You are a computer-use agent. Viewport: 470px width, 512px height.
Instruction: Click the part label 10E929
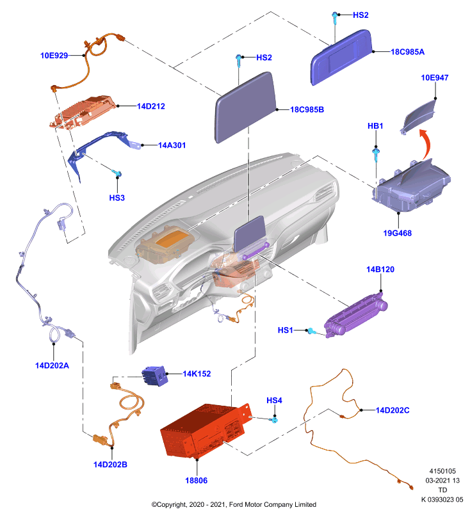tap(54, 56)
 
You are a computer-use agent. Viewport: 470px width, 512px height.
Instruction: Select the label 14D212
tap(151, 106)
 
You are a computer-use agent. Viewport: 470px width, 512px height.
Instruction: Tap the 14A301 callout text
tap(172, 145)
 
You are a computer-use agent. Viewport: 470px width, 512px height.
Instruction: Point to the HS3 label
tap(117, 198)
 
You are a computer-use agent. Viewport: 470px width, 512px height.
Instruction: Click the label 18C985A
tap(408, 52)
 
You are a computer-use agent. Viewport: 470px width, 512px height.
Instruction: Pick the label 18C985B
tap(307, 109)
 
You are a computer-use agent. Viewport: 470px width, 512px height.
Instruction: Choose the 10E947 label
tap(435, 77)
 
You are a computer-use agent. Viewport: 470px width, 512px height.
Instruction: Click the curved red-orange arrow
tap(425, 143)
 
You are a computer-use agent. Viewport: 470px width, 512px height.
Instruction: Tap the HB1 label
tap(375, 126)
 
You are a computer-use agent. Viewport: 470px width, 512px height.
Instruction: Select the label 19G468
tap(397, 233)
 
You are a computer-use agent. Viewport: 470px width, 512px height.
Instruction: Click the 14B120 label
tap(380, 269)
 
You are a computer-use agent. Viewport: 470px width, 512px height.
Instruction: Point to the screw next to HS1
tap(312, 332)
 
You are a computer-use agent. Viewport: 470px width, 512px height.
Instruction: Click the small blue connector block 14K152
tap(155, 376)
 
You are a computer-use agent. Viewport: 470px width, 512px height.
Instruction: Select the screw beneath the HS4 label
tap(274, 419)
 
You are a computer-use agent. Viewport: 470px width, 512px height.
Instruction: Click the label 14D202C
tap(393, 410)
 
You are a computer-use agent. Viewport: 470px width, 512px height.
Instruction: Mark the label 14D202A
tap(52, 365)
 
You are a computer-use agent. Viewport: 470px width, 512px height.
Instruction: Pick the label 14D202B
tap(110, 465)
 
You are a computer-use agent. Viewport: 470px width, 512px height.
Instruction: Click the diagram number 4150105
tap(442, 471)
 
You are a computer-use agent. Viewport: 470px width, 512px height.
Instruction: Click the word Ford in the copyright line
tap(236, 504)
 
